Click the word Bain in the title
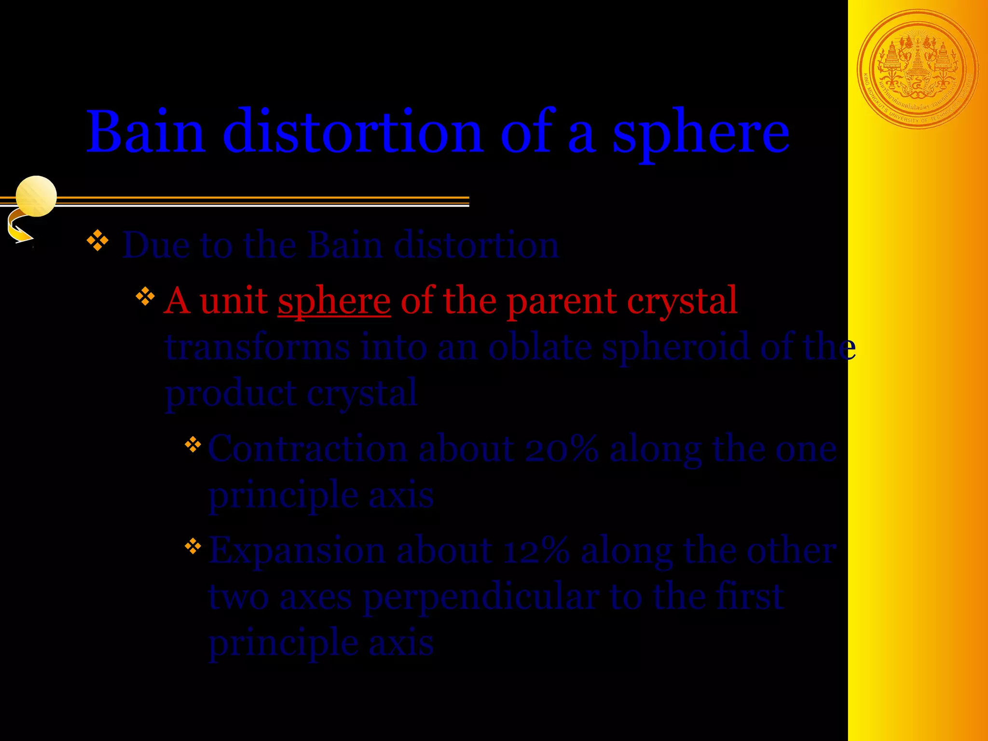click(x=146, y=132)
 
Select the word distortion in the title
click(x=352, y=132)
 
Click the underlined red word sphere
click(x=334, y=301)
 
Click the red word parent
click(x=562, y=301)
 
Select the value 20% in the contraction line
click(x=561, y=449)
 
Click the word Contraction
click(x=307, y=449)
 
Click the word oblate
click(x=540, y=346)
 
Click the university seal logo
click(x=918, y=69)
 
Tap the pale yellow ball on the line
click(x=36, y=196)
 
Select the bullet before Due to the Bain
click(x=97, y=240)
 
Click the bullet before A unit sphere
click(x=145, y=297)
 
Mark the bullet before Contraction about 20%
click(x=192, y=444)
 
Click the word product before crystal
click(x=231, y=393)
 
